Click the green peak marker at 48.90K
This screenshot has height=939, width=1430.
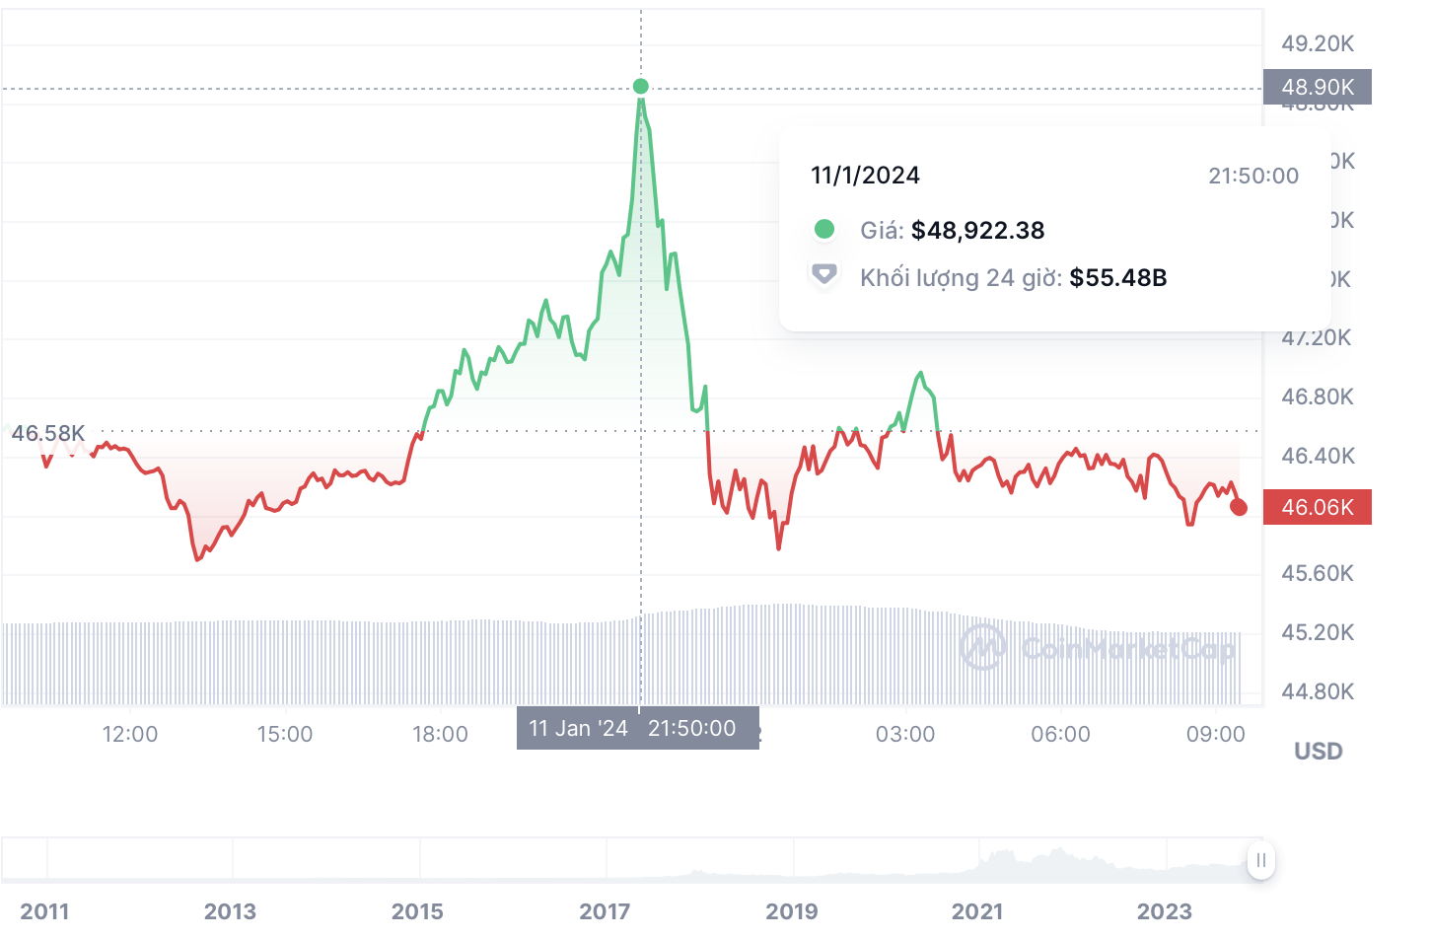641,87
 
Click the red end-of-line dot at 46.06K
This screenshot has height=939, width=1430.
1239,507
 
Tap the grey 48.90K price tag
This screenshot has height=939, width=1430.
1317,87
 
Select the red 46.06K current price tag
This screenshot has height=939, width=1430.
1317,507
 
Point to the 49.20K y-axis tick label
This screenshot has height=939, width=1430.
1317,43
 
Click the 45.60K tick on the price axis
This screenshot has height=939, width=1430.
1317,573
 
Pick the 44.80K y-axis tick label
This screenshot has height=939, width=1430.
1317,691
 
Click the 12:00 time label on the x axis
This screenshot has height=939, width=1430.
130,734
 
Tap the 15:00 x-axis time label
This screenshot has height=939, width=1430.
285,734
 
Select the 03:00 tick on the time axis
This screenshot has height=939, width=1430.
905,734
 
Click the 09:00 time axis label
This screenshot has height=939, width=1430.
1215,734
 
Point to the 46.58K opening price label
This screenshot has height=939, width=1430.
48,433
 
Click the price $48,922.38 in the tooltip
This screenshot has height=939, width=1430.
977,231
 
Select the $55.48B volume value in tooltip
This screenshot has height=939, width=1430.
1117,278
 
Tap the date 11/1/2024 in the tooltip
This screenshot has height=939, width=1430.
865,176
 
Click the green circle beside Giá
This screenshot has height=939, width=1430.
824,230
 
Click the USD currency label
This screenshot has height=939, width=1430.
1318,752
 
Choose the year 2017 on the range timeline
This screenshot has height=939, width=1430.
605,911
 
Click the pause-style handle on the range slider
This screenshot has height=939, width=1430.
1260,860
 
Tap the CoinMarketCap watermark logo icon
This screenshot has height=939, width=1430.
982,647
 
